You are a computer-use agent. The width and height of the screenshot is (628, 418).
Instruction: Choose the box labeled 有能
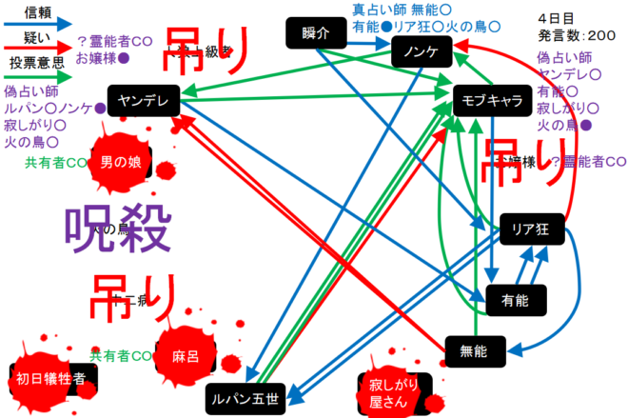click(x=514, y=300)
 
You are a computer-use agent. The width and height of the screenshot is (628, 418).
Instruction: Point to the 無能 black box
click(x=473, y=351)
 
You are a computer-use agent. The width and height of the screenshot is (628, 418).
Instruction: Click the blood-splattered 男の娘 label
click(x=120, y=162)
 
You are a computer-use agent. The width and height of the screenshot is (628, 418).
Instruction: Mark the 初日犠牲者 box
click(x=51, y=378)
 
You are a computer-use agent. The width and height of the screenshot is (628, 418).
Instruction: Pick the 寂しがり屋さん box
click(x=392, y=392)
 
